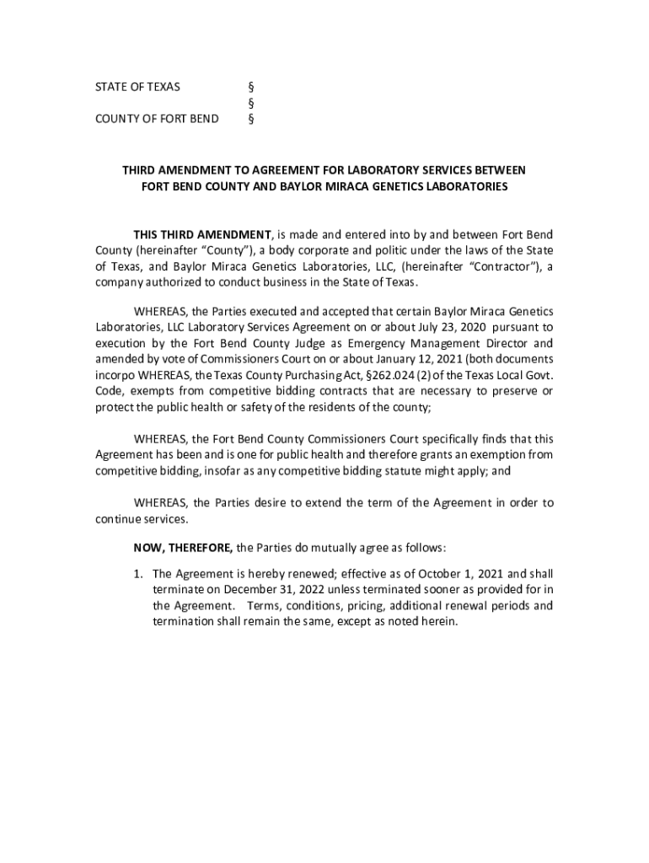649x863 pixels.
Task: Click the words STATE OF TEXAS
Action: [x=137, y=87]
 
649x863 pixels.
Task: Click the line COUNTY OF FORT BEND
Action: [x=156, y=119]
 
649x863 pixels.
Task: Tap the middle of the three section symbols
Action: [x=250, y=103]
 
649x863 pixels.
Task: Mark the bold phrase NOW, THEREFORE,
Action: [x=184, y=548]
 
